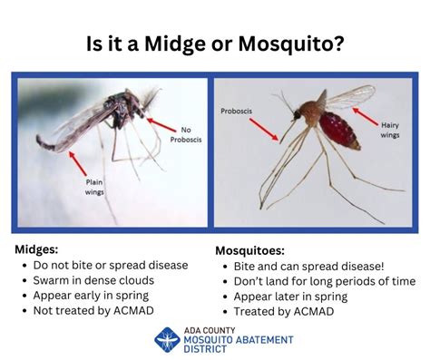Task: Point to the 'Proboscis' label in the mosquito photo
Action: click(237, 112)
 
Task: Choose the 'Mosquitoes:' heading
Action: click(253, 249)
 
